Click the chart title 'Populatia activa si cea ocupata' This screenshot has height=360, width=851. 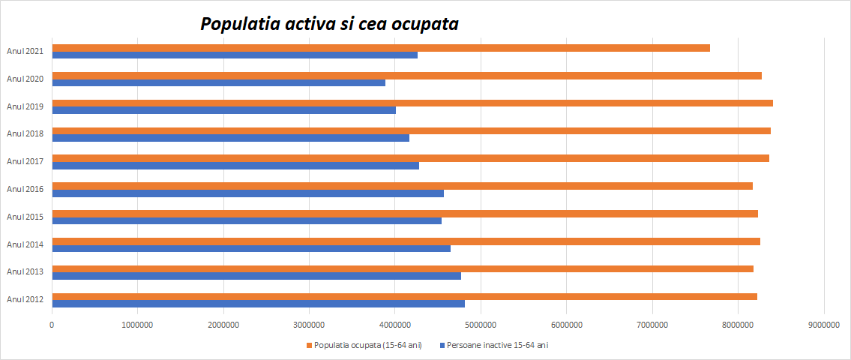(329, 24)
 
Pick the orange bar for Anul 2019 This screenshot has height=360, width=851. (412, 103)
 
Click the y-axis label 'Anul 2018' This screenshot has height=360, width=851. (25, 133)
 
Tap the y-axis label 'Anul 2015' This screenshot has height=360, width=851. (25, 217)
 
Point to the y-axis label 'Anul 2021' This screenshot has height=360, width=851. (25, 51)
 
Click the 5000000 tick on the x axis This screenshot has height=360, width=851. (481, 325)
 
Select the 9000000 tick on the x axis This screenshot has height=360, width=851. (823, 325)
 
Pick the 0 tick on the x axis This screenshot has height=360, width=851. (52, 325)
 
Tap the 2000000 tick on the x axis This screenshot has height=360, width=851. (223, 325)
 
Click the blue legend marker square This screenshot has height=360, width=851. (442, 345)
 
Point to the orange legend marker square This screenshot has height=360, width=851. (310, 345)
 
